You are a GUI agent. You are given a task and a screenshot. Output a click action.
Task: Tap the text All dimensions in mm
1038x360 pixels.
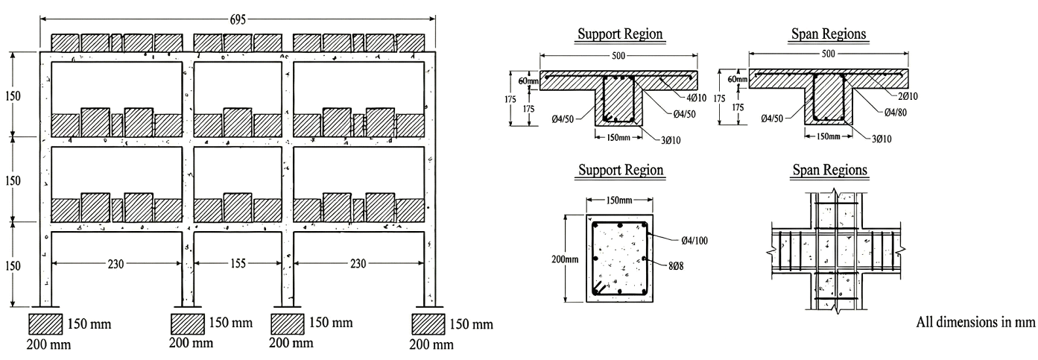976,322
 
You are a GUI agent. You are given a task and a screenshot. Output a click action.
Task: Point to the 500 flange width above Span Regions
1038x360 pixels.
829,54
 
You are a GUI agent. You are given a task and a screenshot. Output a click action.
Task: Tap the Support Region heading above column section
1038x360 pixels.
621,170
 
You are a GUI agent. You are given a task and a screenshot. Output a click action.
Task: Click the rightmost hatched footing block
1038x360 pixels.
428,323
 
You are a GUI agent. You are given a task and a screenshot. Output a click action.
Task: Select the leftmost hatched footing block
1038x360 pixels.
46,323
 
